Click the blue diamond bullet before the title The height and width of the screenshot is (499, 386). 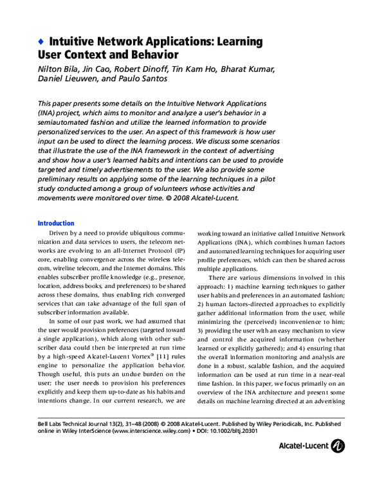[41, 42]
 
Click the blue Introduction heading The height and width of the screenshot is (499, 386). [56, 223]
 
